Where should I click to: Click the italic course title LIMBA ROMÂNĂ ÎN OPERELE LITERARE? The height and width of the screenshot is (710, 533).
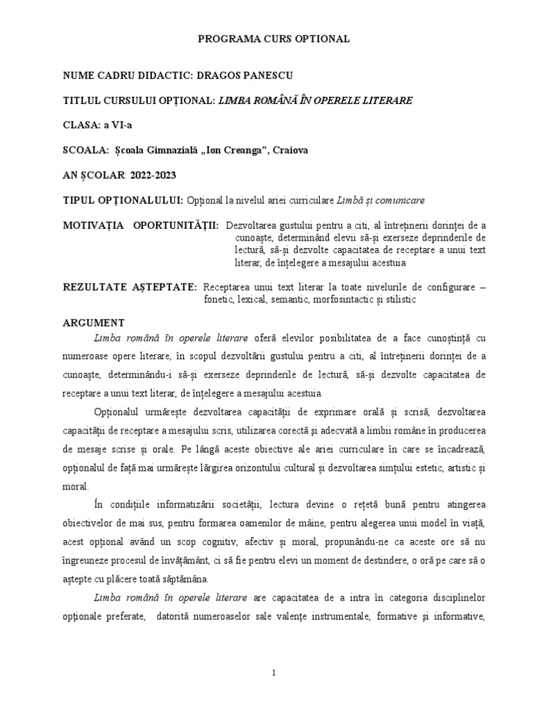pos(315,101)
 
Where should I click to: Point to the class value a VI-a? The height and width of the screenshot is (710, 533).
pos(116,125)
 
